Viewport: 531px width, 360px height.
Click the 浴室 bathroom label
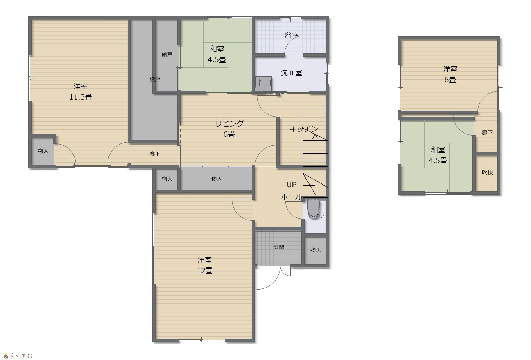[x=291, y=36]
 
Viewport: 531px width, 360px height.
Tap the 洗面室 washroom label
[x=291, y=73]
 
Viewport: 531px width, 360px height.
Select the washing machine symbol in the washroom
[x=263, y=84]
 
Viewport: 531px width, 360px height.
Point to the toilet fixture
[x=313, y=209]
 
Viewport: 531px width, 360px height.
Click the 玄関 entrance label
[x=279, y=247]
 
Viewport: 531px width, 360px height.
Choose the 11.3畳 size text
[x=81, y=97]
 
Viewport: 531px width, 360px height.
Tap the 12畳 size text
[x=205, y=271]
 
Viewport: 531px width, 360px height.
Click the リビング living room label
[x=229, y=123]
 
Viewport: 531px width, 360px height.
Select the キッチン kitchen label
[x=304, y=129]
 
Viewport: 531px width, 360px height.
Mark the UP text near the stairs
[x=291, y=185]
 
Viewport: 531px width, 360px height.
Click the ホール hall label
[x=291, y=197]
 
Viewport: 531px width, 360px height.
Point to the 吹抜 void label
[x=487, y=173]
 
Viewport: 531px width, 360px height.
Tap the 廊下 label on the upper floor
[x=487, y=133]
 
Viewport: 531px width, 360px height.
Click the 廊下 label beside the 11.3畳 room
[x=155, y=154]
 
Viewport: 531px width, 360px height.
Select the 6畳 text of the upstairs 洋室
[x=450, y=80]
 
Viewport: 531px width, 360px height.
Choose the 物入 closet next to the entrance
[x=316, y=250]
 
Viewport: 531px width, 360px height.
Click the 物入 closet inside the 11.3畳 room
[x=43, y=151]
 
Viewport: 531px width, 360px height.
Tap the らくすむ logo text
[x=21, y=356]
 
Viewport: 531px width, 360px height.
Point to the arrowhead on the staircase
[x=315, y=136]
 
